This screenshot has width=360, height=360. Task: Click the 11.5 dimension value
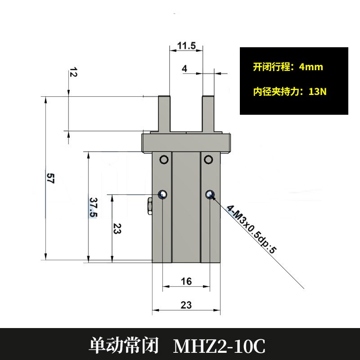click(x=186, y=46)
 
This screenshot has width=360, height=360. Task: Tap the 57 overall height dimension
click(x=50, y=179)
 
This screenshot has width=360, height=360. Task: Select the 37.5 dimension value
click(x=93, y=207)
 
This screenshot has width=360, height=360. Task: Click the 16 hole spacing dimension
click(x=186, y=282)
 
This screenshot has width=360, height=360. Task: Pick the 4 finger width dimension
click(x=184, y=69)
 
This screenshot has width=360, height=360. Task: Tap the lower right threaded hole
click(x=209, y=194)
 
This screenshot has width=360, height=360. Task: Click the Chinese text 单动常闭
click(x=125, y=346)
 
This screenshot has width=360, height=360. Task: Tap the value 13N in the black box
click(x=317, y=92)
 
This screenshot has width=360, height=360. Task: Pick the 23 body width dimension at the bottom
click(x=186, y=305)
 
